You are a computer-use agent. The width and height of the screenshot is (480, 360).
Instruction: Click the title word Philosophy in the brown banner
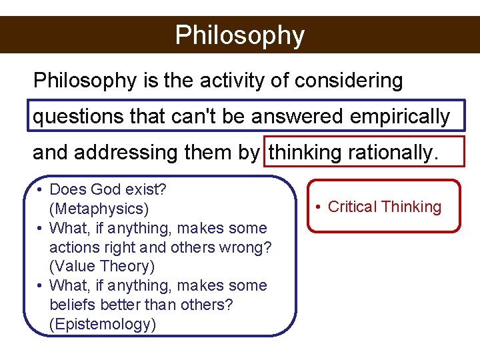[x=239, y=35]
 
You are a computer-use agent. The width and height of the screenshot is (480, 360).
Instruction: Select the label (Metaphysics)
[x=99, y=209]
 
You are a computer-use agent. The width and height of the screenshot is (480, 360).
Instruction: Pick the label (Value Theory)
[x=101, y=267]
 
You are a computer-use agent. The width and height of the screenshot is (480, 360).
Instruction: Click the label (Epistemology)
[x=103, y=325]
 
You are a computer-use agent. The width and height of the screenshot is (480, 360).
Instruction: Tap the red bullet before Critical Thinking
[x=320, y=207]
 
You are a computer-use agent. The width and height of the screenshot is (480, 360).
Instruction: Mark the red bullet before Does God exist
[x=41, y=189]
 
